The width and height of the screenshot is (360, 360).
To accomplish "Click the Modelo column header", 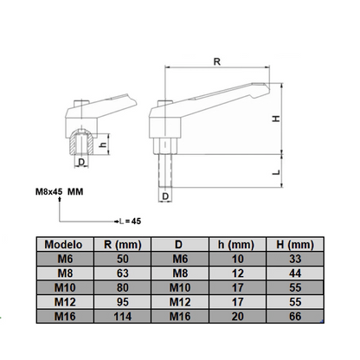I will (x=61, y=245).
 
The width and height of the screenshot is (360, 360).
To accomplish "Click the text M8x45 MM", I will (x=59, y=191).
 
